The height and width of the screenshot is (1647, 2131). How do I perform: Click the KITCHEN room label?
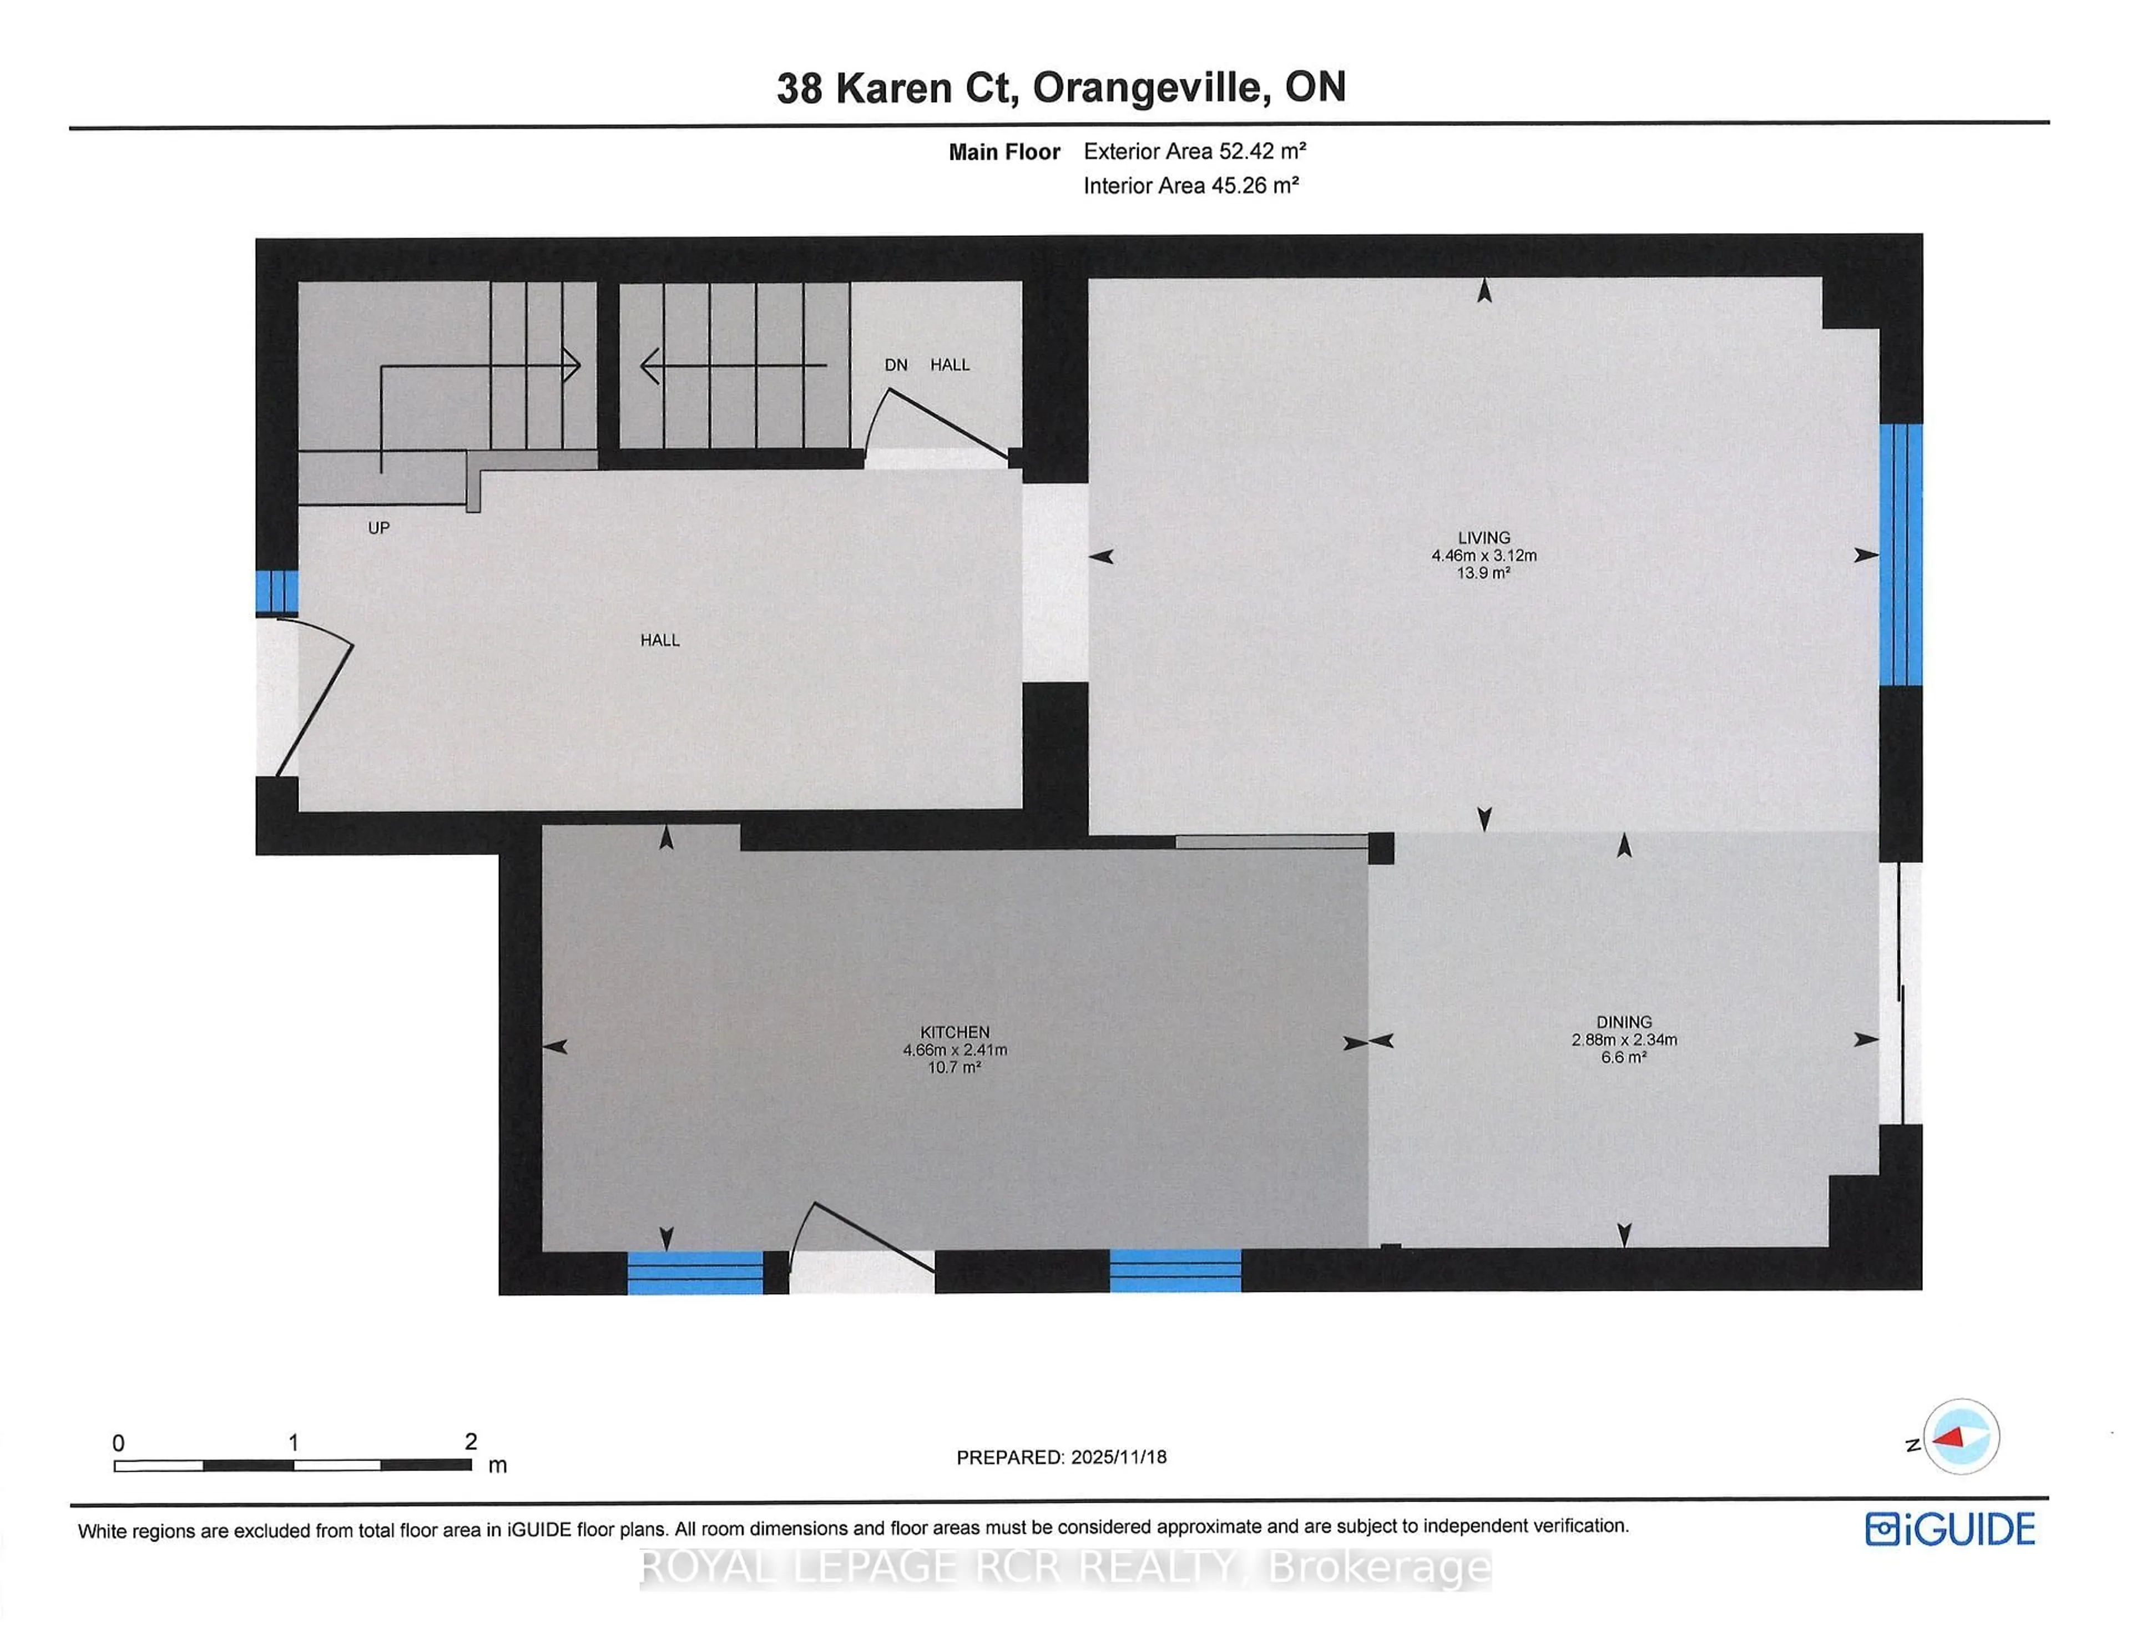tap(955, 1032)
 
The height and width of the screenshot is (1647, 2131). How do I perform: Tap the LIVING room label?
tap(1483, 538)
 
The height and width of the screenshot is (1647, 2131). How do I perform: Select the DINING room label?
tap(1624, 1023)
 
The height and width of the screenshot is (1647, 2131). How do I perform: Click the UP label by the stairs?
tap(378, 528)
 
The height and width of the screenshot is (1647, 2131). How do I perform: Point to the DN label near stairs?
tap(896, 365)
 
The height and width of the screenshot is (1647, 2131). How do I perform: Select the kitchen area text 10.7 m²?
tap(955, 1068)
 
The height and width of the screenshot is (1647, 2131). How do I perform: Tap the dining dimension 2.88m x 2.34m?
tap(1624, 1040)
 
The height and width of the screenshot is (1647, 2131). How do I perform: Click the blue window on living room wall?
tap(1900, 554)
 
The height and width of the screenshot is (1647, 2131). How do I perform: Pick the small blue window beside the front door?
tap(277, 592)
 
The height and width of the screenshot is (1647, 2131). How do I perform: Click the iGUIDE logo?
tap(1950, 1529)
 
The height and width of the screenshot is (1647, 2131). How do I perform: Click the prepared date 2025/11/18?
tap(1118, 1457)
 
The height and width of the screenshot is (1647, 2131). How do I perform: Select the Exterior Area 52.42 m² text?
tap(1194, 151)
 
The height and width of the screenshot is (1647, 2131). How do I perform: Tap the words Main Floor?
tap(1004, 152)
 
